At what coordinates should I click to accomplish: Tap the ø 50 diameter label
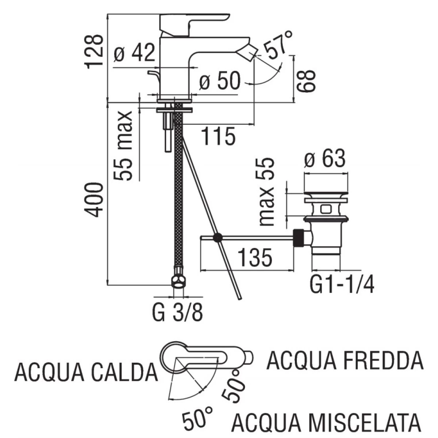tap(219, 80)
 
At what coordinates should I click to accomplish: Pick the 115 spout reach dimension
tap(218, 136)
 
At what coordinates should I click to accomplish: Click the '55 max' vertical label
tap(123, 146)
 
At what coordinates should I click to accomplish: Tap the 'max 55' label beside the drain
tap(267, 192)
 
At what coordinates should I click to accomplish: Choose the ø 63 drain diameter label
tap(325, 158)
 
